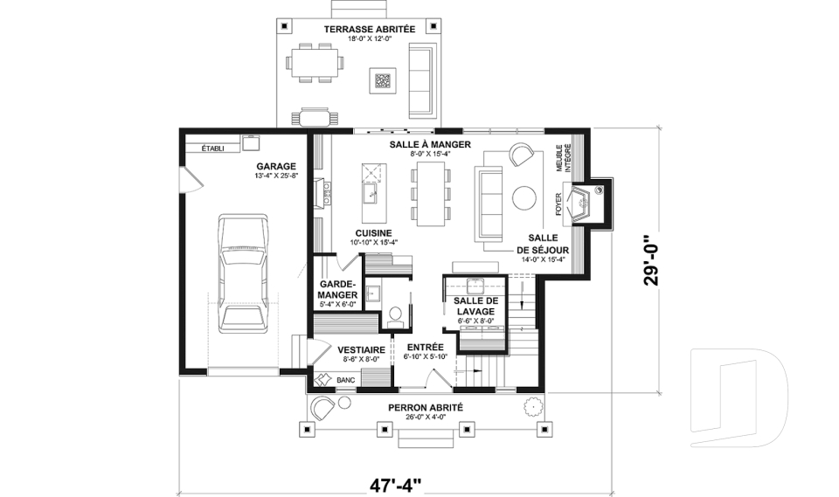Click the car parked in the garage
[x=243, y=273]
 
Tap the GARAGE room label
[x=275, y=166]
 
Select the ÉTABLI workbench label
[x=212, y=148]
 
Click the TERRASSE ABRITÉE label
[x=369, y=29]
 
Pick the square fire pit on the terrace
[x=382, y=80]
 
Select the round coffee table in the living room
[x=524, y=197]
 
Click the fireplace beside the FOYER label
[x=582, y=203]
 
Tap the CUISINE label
[x=373, y=233]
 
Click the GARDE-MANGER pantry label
[x=337, y=289]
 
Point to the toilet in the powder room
[x=395, y=315]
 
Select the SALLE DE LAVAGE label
[x=475, y=306]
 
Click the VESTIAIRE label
[x=361, y=350]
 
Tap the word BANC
[x=346, y=380]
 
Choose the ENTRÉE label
[x=426, y=347]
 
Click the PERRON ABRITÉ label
[x=426, y=408]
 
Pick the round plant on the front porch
[x=532, y=406]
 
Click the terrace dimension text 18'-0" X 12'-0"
[x=369, y=38]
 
